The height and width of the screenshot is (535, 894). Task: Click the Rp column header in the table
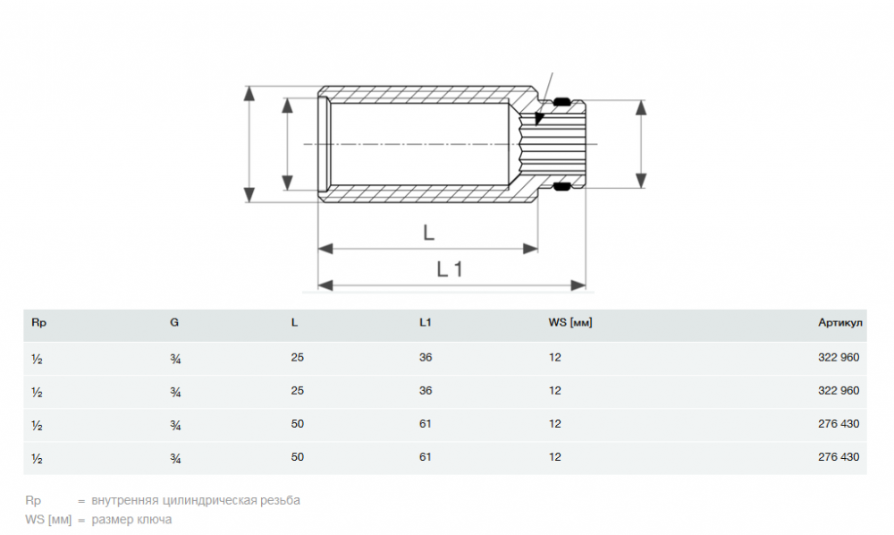tap(38, 323)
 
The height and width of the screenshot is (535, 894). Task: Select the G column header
tap(174, 322)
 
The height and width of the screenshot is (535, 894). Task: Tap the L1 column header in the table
tap(426, 322)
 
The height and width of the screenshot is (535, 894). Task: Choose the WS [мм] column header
tap(570, 323)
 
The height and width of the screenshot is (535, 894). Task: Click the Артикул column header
tap(839, 323)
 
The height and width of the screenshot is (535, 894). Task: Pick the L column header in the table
tap(294, 322)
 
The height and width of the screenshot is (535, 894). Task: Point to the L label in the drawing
tap(429, 232)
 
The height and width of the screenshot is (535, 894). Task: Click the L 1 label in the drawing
tap(450, 269)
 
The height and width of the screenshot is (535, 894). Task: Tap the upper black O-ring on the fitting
tap(561, 102)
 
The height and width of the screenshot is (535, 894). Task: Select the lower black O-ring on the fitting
tap(561, 186)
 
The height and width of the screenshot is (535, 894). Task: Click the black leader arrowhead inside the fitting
tap(539, 119)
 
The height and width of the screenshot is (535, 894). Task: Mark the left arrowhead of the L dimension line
tap(325, 249)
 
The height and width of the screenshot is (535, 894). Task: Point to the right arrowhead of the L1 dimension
tap(578, 285)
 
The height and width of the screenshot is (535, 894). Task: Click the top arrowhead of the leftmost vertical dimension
tap(249, 94)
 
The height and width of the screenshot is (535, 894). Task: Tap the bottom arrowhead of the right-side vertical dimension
tap(641, 180)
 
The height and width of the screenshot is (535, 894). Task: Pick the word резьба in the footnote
tap(280, 500)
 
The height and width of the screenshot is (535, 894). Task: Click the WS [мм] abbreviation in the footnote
tap(48, 520)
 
